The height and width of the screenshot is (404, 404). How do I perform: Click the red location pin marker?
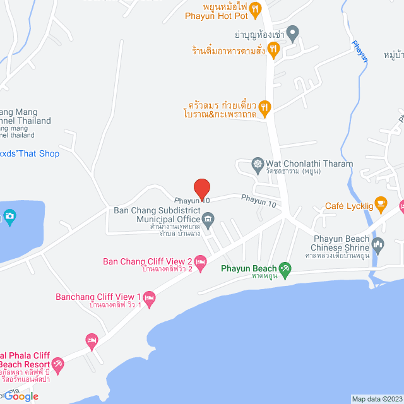coord(201,188)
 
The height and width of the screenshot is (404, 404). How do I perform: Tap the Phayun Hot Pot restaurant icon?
coord(255,8)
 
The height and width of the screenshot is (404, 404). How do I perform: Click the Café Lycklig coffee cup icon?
coord(380,203)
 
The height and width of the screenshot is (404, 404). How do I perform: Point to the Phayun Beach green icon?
coord(285,269)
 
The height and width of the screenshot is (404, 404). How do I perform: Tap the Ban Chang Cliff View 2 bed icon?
coord(201,261)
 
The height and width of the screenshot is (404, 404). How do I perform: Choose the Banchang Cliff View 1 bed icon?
coord(149,297)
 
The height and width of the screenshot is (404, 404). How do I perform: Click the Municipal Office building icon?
coord(209,219)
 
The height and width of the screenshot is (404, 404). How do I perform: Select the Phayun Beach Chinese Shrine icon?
coord(378,243)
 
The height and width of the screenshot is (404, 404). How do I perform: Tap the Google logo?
coord(23,396)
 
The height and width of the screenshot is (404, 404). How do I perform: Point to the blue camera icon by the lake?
coord(9,217)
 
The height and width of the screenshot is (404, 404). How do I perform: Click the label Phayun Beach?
coord(249,269)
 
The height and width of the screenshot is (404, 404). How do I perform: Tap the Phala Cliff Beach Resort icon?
coord(58,364)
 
